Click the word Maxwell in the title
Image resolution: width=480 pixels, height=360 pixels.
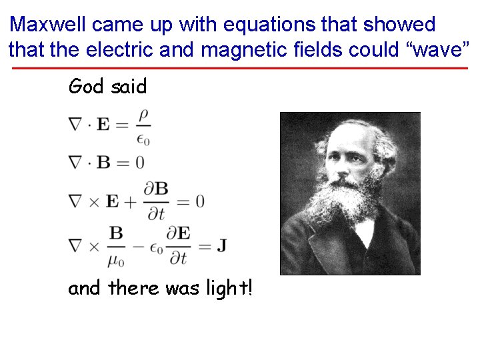[49, 25]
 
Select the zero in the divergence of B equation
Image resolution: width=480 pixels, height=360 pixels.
[139, 162]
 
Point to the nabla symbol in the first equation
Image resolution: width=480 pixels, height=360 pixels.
[75, 125]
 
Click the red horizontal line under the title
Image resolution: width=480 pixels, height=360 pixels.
[240, 68]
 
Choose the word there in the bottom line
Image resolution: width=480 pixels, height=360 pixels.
[134, 289]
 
